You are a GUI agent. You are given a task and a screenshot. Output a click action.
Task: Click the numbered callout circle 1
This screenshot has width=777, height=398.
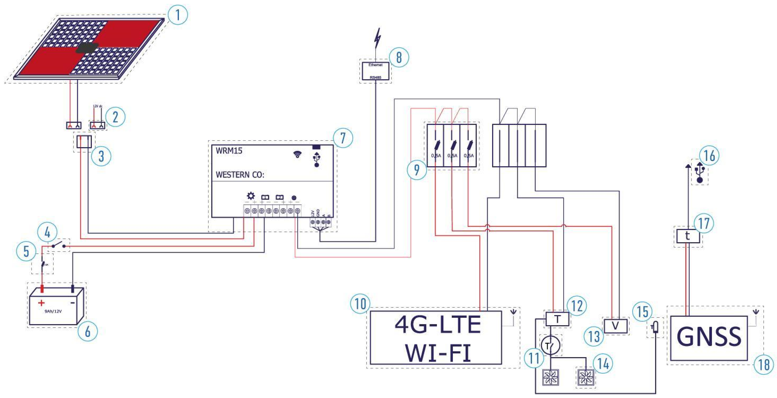tap(178, 14)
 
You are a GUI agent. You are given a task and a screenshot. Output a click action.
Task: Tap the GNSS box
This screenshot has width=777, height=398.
tap(709, 338)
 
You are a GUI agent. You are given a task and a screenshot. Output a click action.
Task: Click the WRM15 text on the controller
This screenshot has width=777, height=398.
tap(229, 151)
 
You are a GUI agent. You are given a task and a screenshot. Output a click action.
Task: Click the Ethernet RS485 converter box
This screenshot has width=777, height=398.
tap(376, 71)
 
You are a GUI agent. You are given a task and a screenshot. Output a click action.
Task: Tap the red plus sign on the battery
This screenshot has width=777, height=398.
tap(41, 303)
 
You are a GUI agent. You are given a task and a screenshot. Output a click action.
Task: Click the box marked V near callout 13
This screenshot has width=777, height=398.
tap(615, 326)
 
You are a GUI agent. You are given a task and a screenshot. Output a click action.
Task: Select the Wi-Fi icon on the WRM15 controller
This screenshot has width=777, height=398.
tap(298, 155)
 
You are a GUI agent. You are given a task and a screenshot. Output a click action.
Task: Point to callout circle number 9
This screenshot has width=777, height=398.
tap(416, 170)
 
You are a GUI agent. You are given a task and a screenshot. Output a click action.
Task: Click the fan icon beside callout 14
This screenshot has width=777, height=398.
tap(585, 377)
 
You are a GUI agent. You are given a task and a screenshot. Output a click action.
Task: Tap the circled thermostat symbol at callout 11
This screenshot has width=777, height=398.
tap(551, 346)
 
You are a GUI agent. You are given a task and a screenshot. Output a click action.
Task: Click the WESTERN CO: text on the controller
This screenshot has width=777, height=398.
tap(240, 175)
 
